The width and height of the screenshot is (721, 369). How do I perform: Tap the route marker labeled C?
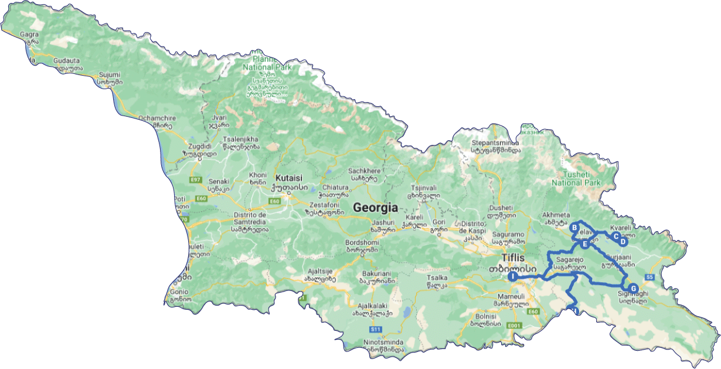(x=615, y=236)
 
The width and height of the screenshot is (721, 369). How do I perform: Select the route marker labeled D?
(x=623, y=241)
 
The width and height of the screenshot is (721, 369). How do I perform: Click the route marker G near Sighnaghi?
(x=633, y=288)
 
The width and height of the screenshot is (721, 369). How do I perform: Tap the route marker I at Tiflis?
(x=512, y=276)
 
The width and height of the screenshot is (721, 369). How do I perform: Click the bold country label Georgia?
(x=375, y=208)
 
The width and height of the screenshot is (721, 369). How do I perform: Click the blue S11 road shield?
(x=376, y=330)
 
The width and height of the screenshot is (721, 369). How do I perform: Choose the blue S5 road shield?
(x=649, y=276)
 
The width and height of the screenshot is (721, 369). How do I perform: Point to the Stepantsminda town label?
(x=495, y=142)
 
